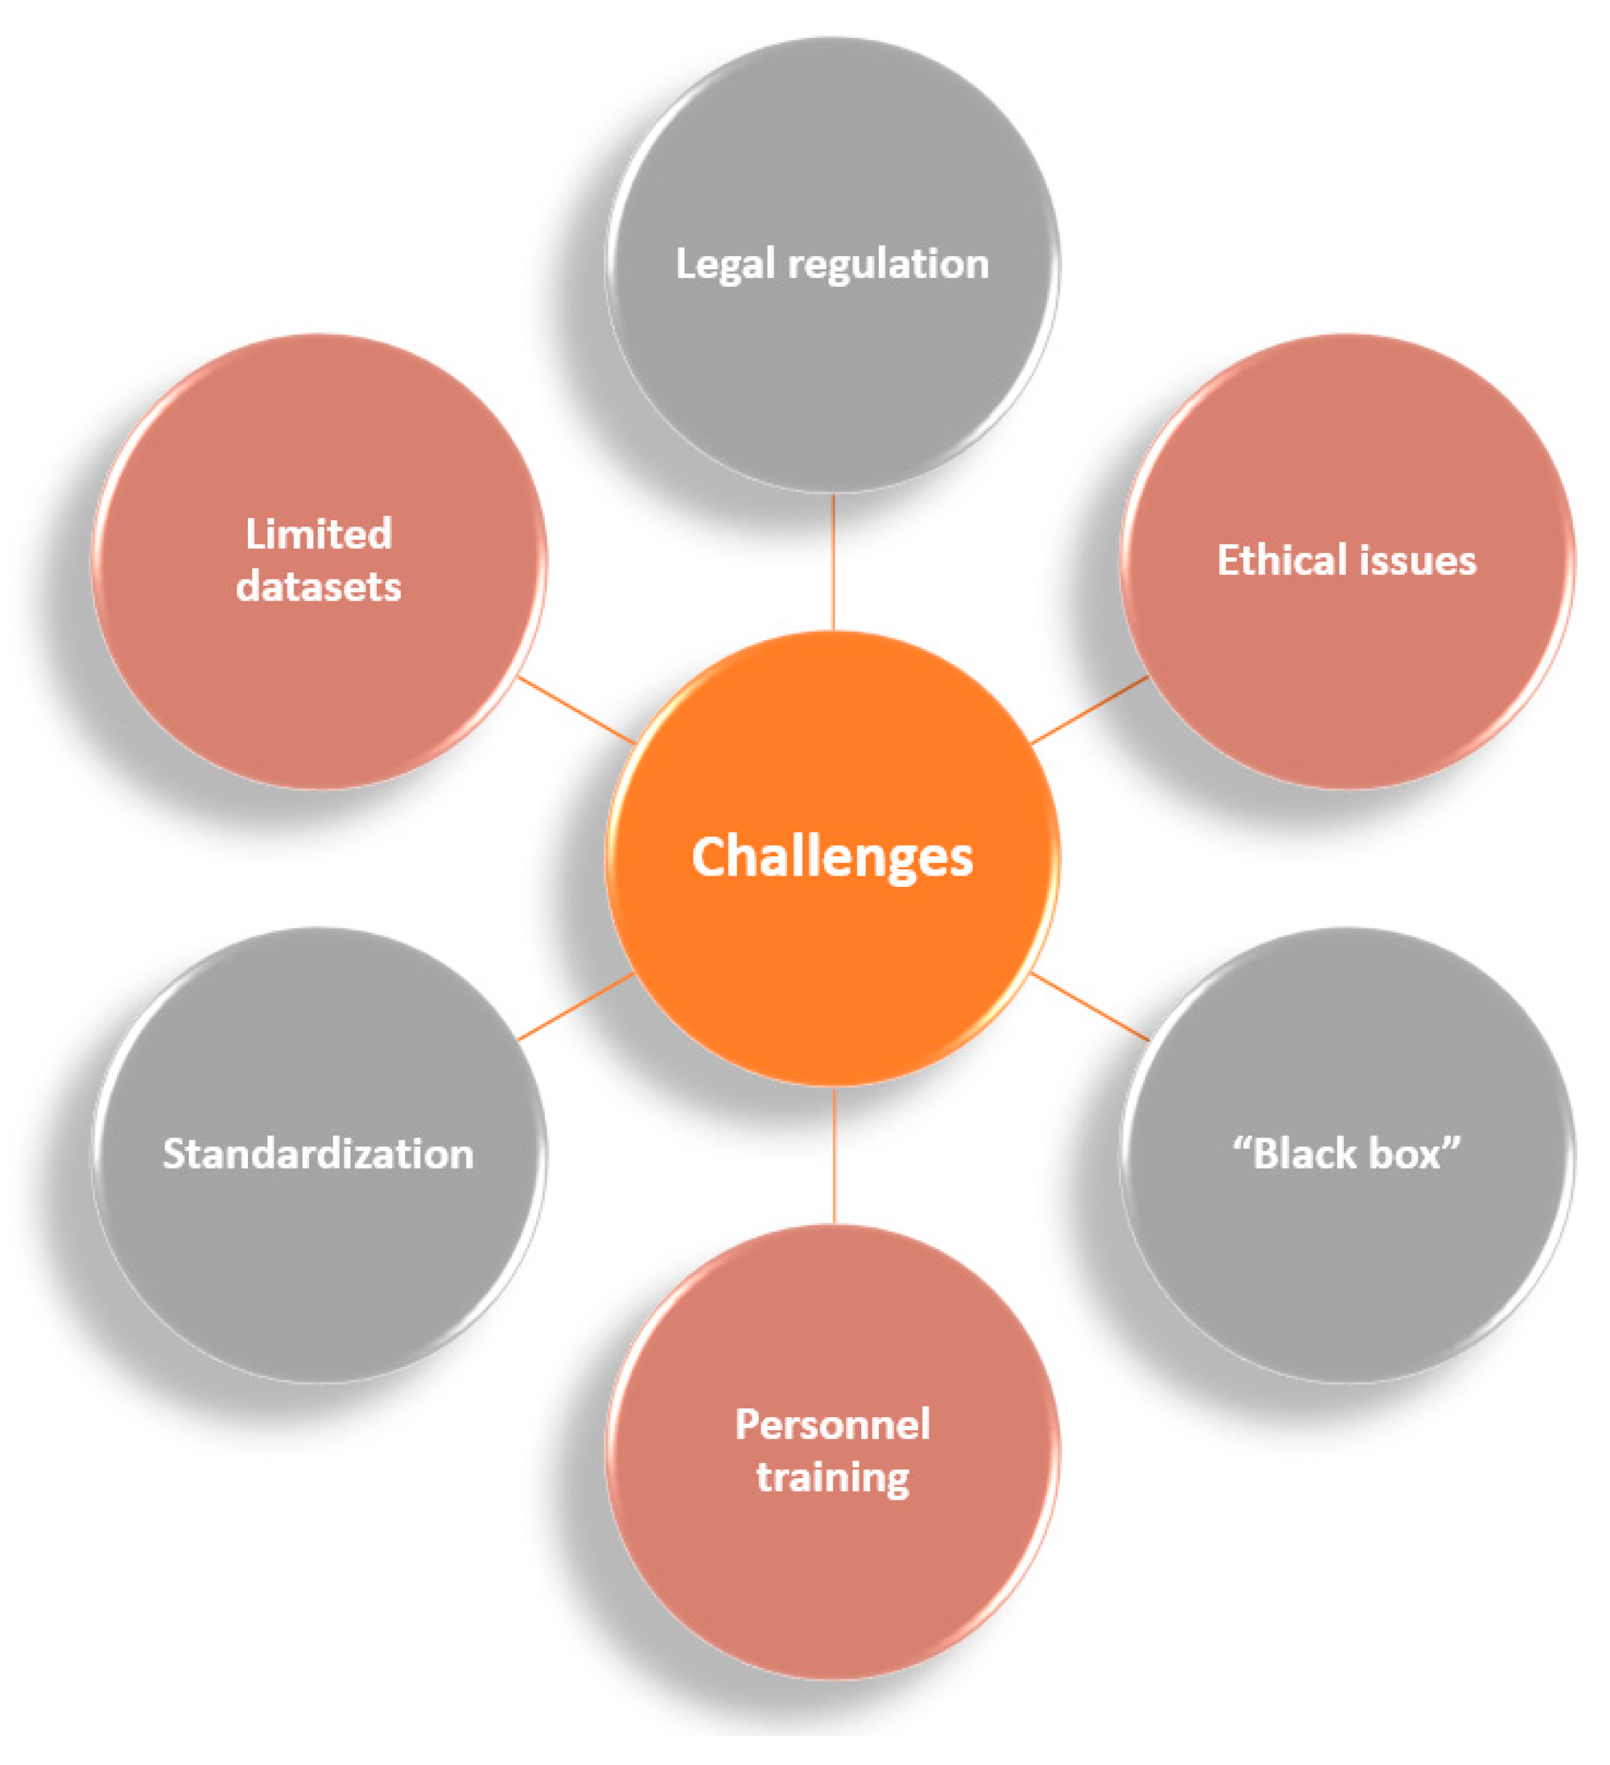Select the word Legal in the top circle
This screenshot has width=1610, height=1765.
click(725, 264)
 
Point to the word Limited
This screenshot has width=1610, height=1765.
click(319, 534)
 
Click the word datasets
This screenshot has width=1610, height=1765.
click(319, 587)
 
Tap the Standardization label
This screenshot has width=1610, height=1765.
click(319, 1154)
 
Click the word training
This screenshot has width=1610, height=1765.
click(832, 1478)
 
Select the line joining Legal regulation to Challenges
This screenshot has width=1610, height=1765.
click(834, 562)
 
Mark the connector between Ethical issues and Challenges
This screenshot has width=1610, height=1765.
click(1090, 710)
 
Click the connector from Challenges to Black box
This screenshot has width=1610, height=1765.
click(1090, 1006)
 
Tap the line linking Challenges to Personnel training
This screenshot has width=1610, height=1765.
click(834, 1155)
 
